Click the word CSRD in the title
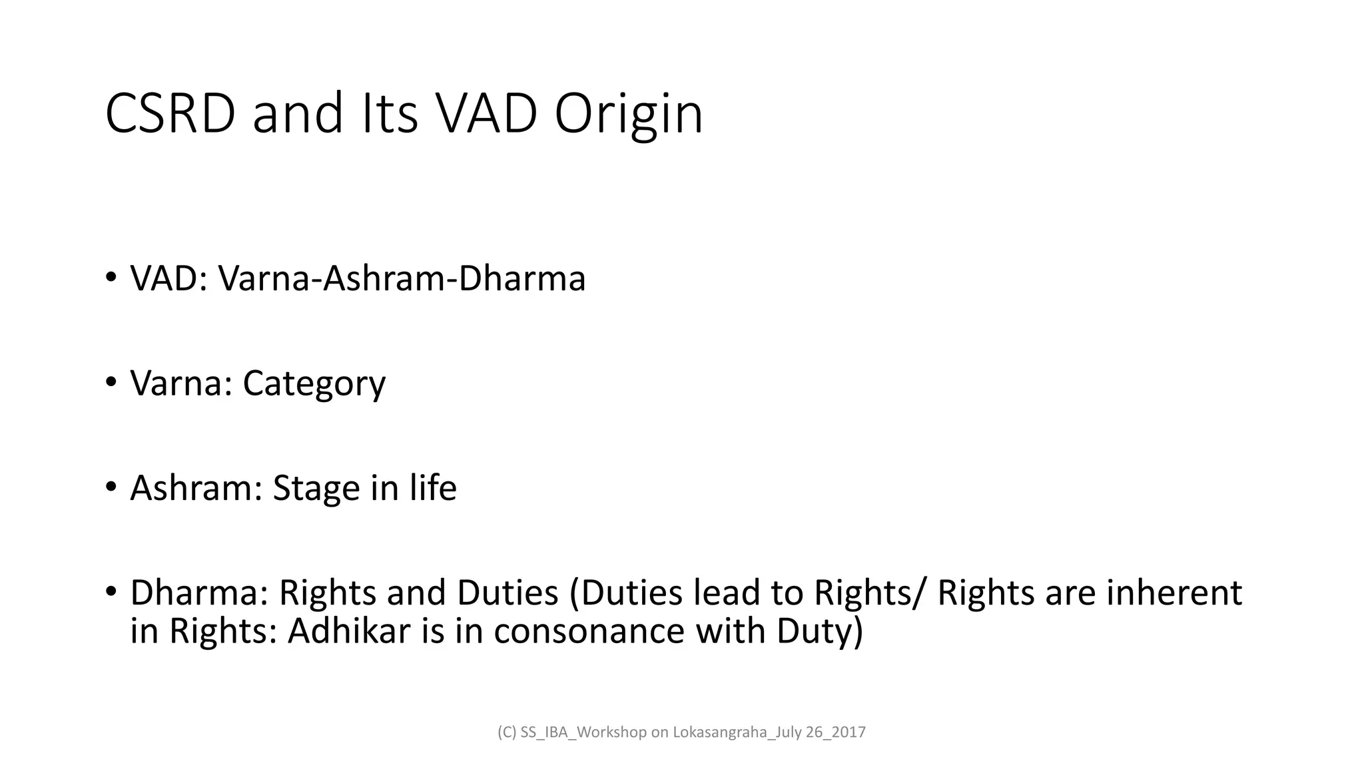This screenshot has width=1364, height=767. point(170,114)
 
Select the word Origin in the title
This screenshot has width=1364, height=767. point(628,114)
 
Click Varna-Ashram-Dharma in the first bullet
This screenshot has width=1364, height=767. point(402,278)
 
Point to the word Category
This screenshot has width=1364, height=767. point(314,383)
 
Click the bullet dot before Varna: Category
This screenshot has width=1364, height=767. point(111,382)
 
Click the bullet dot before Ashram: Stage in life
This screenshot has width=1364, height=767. point(111,486)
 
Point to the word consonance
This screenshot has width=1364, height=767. point(589,631)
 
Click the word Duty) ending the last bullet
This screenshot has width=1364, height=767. point(819,631)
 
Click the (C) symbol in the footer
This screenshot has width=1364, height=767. point(507,732)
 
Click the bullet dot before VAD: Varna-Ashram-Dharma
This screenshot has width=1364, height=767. point(111,277)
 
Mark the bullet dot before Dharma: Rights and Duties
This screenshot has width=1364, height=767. point(111,591)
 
